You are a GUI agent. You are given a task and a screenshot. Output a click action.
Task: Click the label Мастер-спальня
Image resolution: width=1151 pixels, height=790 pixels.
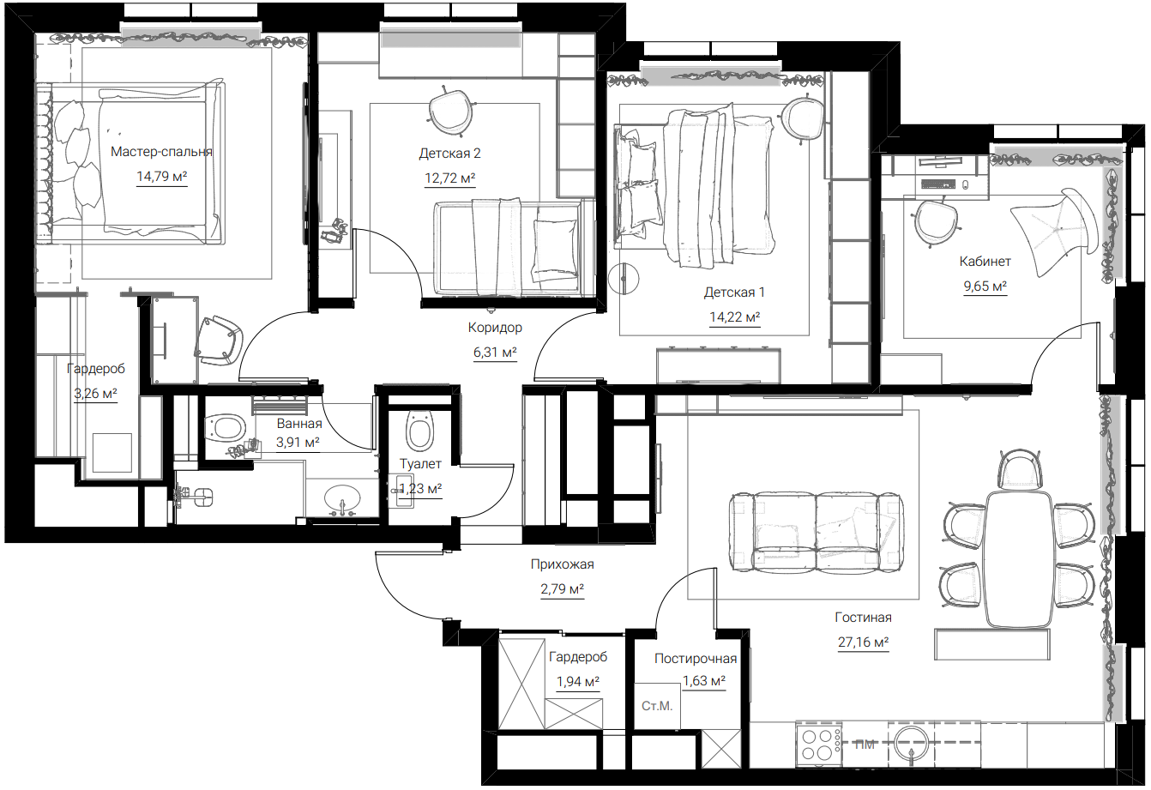tap(161, 152)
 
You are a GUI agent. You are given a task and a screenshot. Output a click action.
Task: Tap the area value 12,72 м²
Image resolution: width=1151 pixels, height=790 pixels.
tap(449, 178)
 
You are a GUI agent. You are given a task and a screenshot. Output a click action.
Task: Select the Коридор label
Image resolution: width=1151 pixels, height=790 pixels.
tap(495, 328)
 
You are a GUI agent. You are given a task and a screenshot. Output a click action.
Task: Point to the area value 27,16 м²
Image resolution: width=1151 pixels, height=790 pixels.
tap(863, 642)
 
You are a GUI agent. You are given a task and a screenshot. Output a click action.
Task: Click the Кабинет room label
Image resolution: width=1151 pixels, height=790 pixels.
tap(985, 262)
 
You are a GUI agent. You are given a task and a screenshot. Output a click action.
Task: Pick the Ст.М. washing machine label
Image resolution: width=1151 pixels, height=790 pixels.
tap(657, 706)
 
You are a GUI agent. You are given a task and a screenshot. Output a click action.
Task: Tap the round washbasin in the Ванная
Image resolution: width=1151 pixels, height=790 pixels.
tap(342, 498)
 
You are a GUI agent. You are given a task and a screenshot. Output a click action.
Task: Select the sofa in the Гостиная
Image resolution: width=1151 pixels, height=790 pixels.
tap(817, 533)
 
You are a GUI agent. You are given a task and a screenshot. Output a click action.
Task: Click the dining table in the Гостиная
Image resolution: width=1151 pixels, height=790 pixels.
tap(1018, 559)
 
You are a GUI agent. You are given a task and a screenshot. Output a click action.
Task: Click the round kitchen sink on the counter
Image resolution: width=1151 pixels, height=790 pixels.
tap(912, 743)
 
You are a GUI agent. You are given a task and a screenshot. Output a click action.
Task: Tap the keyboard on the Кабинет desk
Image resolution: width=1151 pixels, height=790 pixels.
tap(938, 184)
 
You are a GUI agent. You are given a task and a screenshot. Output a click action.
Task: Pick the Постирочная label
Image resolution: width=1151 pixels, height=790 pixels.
tap(696, 659)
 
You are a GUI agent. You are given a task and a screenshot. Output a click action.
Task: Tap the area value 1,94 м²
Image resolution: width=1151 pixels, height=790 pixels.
tap(577, 682)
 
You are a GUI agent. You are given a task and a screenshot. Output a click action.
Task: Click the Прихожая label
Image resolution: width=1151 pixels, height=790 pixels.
tap(562, 564)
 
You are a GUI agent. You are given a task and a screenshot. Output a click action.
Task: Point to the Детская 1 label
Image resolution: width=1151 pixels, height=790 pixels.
tap(734, 292)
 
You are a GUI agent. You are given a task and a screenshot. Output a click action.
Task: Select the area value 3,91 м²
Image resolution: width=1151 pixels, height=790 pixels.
tap(298, 442)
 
